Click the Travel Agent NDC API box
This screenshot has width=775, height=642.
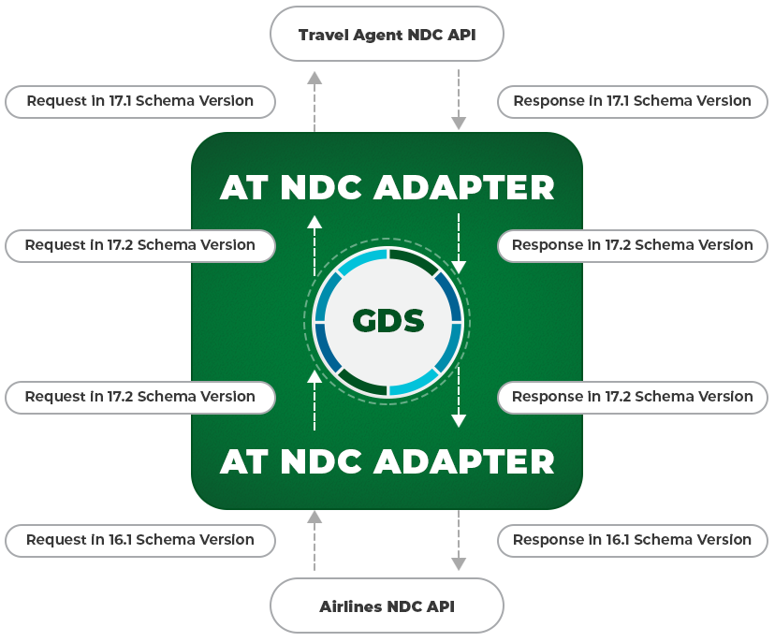387,34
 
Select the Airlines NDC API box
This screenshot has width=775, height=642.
387,606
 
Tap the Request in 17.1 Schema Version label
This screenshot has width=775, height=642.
140,102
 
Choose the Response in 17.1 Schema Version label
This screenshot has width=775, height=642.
633,102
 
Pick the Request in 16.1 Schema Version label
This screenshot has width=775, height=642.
140,541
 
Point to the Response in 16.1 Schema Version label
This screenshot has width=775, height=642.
633,541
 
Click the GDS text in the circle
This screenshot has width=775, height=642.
388,320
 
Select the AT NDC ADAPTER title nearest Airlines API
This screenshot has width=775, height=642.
387,462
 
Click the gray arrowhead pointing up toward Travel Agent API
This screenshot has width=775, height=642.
314,78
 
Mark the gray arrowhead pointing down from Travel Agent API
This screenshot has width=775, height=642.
459,123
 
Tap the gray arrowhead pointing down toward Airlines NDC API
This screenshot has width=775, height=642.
459,564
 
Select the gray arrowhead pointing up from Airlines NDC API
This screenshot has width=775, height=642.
314,517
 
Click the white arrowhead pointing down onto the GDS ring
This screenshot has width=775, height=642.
459,268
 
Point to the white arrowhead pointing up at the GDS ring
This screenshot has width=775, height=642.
314,376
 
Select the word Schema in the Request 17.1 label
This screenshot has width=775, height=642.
165,101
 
